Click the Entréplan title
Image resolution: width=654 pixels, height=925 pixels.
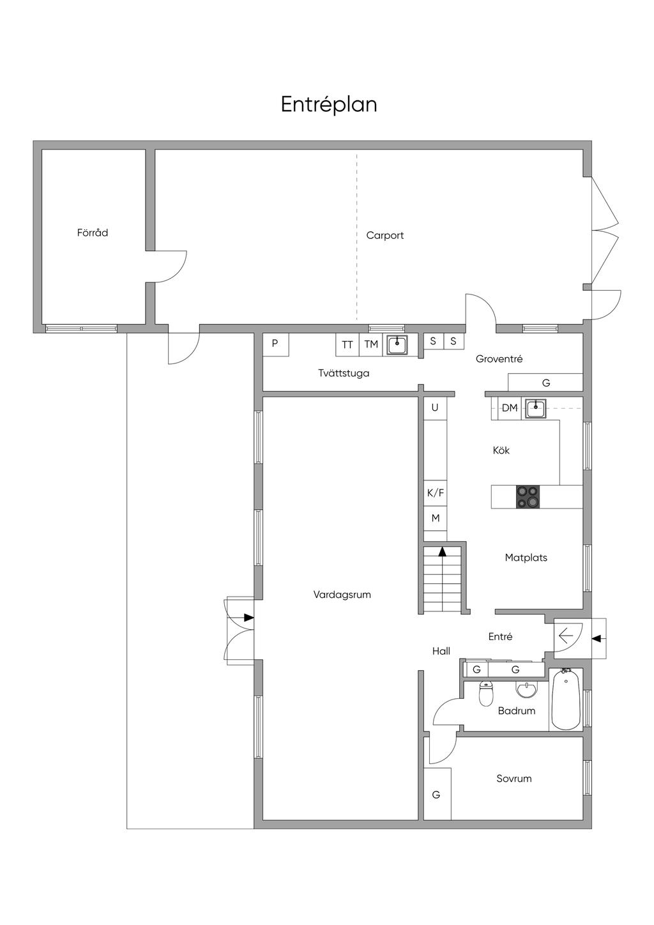click(329, 105)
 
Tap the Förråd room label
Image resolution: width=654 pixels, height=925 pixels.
click(93, 233)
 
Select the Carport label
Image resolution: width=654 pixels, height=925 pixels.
click(385, 235)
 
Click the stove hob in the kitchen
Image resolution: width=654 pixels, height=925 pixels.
click(528, 496)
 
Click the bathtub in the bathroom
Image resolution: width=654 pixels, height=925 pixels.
click(566, 701)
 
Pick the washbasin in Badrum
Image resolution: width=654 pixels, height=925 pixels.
click(526, 689)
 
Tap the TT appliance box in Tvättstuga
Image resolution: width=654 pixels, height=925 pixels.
click(347, 344)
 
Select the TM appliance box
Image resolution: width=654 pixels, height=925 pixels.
click(371, 344)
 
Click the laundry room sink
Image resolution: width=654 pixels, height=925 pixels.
click(397, 344)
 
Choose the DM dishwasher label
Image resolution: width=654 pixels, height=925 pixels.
click(510, 408)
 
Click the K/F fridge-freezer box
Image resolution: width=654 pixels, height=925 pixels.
click(436, 493)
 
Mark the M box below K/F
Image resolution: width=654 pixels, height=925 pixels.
click(436, 518)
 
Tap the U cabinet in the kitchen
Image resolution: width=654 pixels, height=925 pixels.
click(435, 408)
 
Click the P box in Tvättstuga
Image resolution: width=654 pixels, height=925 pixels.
click(275, 344)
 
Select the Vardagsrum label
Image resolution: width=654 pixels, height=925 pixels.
click(342, 595)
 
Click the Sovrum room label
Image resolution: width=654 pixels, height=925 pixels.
click(513, 779)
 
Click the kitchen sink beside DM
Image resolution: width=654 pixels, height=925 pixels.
click(536, 409)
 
